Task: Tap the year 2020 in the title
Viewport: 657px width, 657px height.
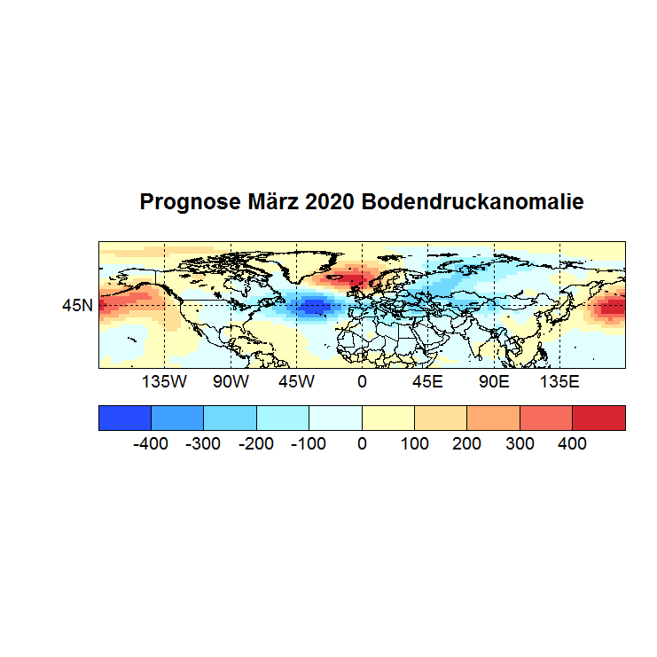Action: click(331, 202)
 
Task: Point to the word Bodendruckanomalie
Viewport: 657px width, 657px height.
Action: click(472, 202)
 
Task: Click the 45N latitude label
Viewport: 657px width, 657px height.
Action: click(77, 306)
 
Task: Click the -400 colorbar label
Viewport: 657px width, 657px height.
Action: click(151, 443)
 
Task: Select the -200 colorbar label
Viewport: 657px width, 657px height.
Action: click(256, 443)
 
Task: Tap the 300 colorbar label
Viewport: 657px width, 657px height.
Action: click(520, 443)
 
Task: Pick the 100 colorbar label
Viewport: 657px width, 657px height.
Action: click(415, 443)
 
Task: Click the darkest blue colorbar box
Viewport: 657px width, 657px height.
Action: click(125, 418)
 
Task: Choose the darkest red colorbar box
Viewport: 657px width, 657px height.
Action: click(598, 418)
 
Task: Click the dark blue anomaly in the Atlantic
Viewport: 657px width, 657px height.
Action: click(313, 308)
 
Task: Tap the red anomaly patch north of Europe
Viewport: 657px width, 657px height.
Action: click(356, 277)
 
